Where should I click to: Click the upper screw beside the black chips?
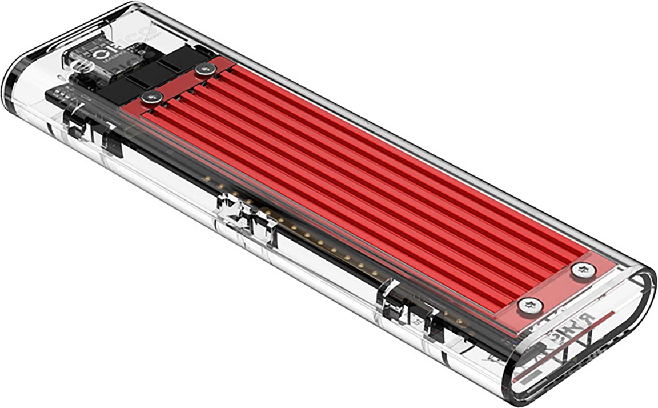pyautogui.click(x=204, y=69)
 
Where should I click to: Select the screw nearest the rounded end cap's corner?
pyautogui.click(x=583, y=271)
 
